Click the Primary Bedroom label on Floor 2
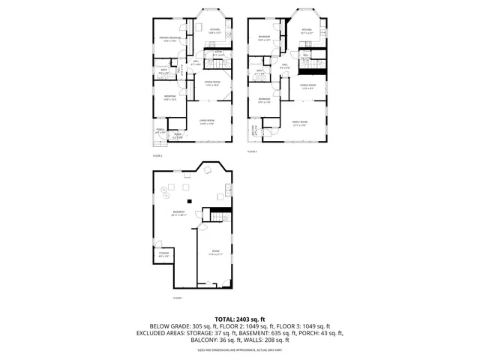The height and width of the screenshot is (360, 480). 168,39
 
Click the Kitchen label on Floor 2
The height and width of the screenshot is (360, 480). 214,31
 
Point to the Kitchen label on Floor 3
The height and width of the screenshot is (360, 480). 305,31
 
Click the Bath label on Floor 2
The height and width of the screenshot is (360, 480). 164,72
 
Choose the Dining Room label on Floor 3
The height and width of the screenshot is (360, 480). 307,86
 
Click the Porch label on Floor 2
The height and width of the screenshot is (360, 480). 160,131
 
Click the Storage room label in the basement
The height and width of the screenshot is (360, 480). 163,255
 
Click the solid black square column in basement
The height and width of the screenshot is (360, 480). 190,202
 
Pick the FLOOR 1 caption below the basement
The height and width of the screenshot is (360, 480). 178,298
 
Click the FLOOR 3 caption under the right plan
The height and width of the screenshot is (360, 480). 252,152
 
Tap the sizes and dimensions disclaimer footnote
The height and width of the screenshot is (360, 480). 239,349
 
